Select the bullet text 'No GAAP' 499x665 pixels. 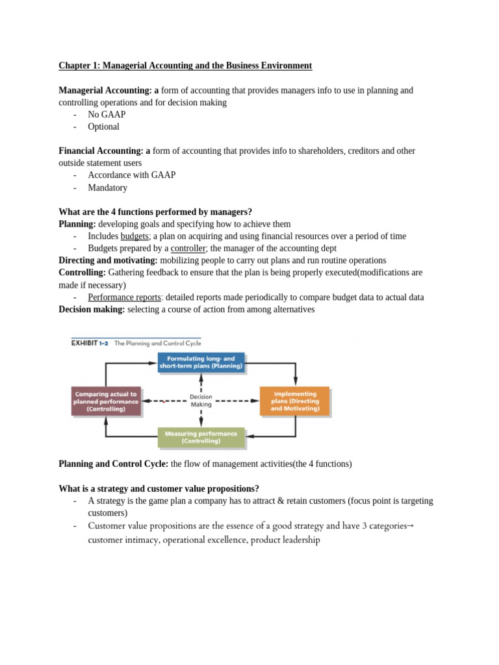tap(107, 114)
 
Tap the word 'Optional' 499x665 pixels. tap(104, 127)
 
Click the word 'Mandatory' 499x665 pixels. tap(108, 188)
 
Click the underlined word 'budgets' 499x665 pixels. tap(135, 236)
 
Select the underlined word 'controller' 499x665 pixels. tap(188, 248)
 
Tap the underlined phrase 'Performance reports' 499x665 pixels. tap(124, 297)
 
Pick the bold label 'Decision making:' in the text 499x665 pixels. tap(92, 309)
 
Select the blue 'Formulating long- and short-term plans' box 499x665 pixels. tap(201, 362)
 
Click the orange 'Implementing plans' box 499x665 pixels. tap(295, 401)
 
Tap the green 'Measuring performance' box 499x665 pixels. tap(201, 437)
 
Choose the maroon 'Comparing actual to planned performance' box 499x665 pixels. tap(106, 401)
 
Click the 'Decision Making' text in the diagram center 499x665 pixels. tap(201, 400)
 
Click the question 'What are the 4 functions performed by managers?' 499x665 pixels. tap(155, 212)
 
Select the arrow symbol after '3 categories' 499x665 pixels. tap(409, 525)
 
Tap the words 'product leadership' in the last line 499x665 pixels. tap(285, 540)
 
